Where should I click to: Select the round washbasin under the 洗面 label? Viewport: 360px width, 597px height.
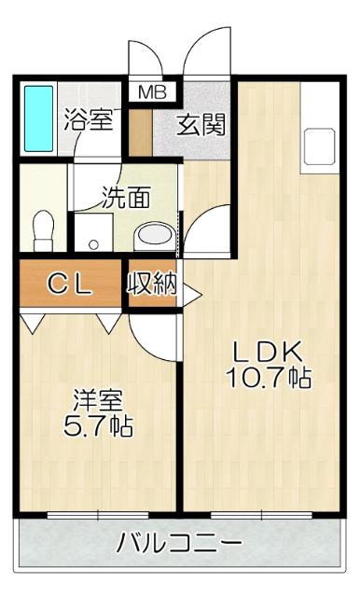point(149,236)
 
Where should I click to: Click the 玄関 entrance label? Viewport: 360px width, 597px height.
point(201,125)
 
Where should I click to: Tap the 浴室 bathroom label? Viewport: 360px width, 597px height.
point(89,120)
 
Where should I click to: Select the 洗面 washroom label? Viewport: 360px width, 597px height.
point(127,198)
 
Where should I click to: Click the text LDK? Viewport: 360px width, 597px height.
point(266,352)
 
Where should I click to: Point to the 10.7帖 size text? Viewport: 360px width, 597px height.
point(267,378)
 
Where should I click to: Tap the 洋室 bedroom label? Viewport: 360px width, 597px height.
point(98,401)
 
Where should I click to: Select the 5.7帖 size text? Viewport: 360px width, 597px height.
point(98,427)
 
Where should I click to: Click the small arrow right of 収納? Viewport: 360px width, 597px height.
point(191,297)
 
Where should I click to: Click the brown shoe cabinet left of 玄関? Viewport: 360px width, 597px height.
point(139,132)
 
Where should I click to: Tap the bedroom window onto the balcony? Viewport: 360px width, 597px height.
point(98,513)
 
